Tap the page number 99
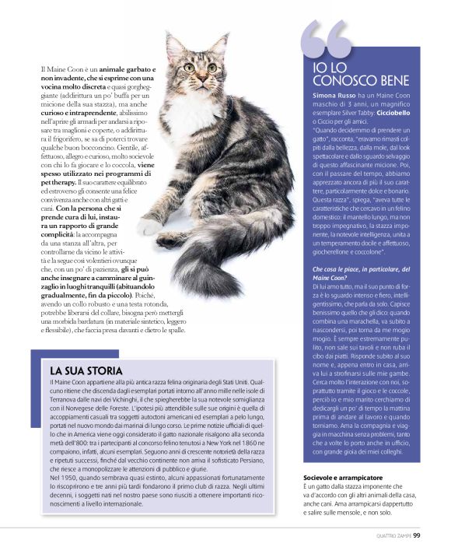coord(417,535)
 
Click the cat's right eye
coord(189,68)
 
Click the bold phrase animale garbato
coord(127,71)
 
